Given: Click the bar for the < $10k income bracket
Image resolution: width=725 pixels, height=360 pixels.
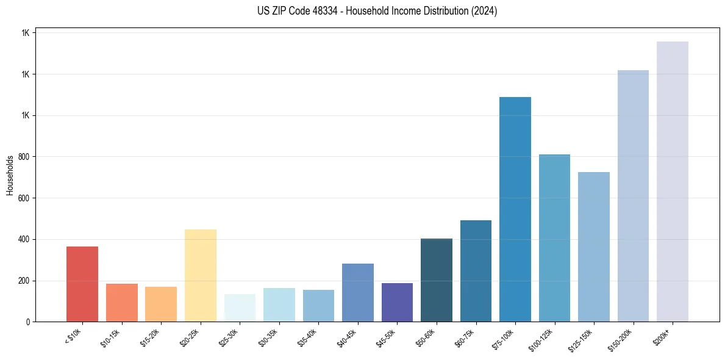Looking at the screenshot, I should tap(82, 284).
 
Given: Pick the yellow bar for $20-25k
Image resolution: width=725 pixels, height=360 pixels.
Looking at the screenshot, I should tap(201, 275).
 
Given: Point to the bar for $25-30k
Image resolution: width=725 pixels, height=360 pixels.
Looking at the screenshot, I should tap(240, 308).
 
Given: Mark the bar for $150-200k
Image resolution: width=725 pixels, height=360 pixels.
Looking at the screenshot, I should tap(633, 196).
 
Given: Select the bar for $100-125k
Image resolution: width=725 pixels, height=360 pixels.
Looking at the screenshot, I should tap(554, 238).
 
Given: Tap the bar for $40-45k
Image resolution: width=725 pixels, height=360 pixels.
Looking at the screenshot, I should tap(358, 292).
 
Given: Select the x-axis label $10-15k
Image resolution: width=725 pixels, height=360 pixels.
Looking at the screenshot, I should tap(111, 337).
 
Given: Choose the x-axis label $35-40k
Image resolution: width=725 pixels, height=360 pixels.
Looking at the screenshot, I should tap(308, 337).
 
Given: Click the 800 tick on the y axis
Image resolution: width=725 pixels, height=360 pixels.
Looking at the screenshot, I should tap(24, 157).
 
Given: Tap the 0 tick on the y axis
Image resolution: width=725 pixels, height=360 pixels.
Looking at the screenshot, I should tap(27, 322).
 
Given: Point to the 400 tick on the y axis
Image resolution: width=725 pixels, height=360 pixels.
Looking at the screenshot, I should tap(24, 239).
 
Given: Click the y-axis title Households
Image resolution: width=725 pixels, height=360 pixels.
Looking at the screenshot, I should tap(10, 175).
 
